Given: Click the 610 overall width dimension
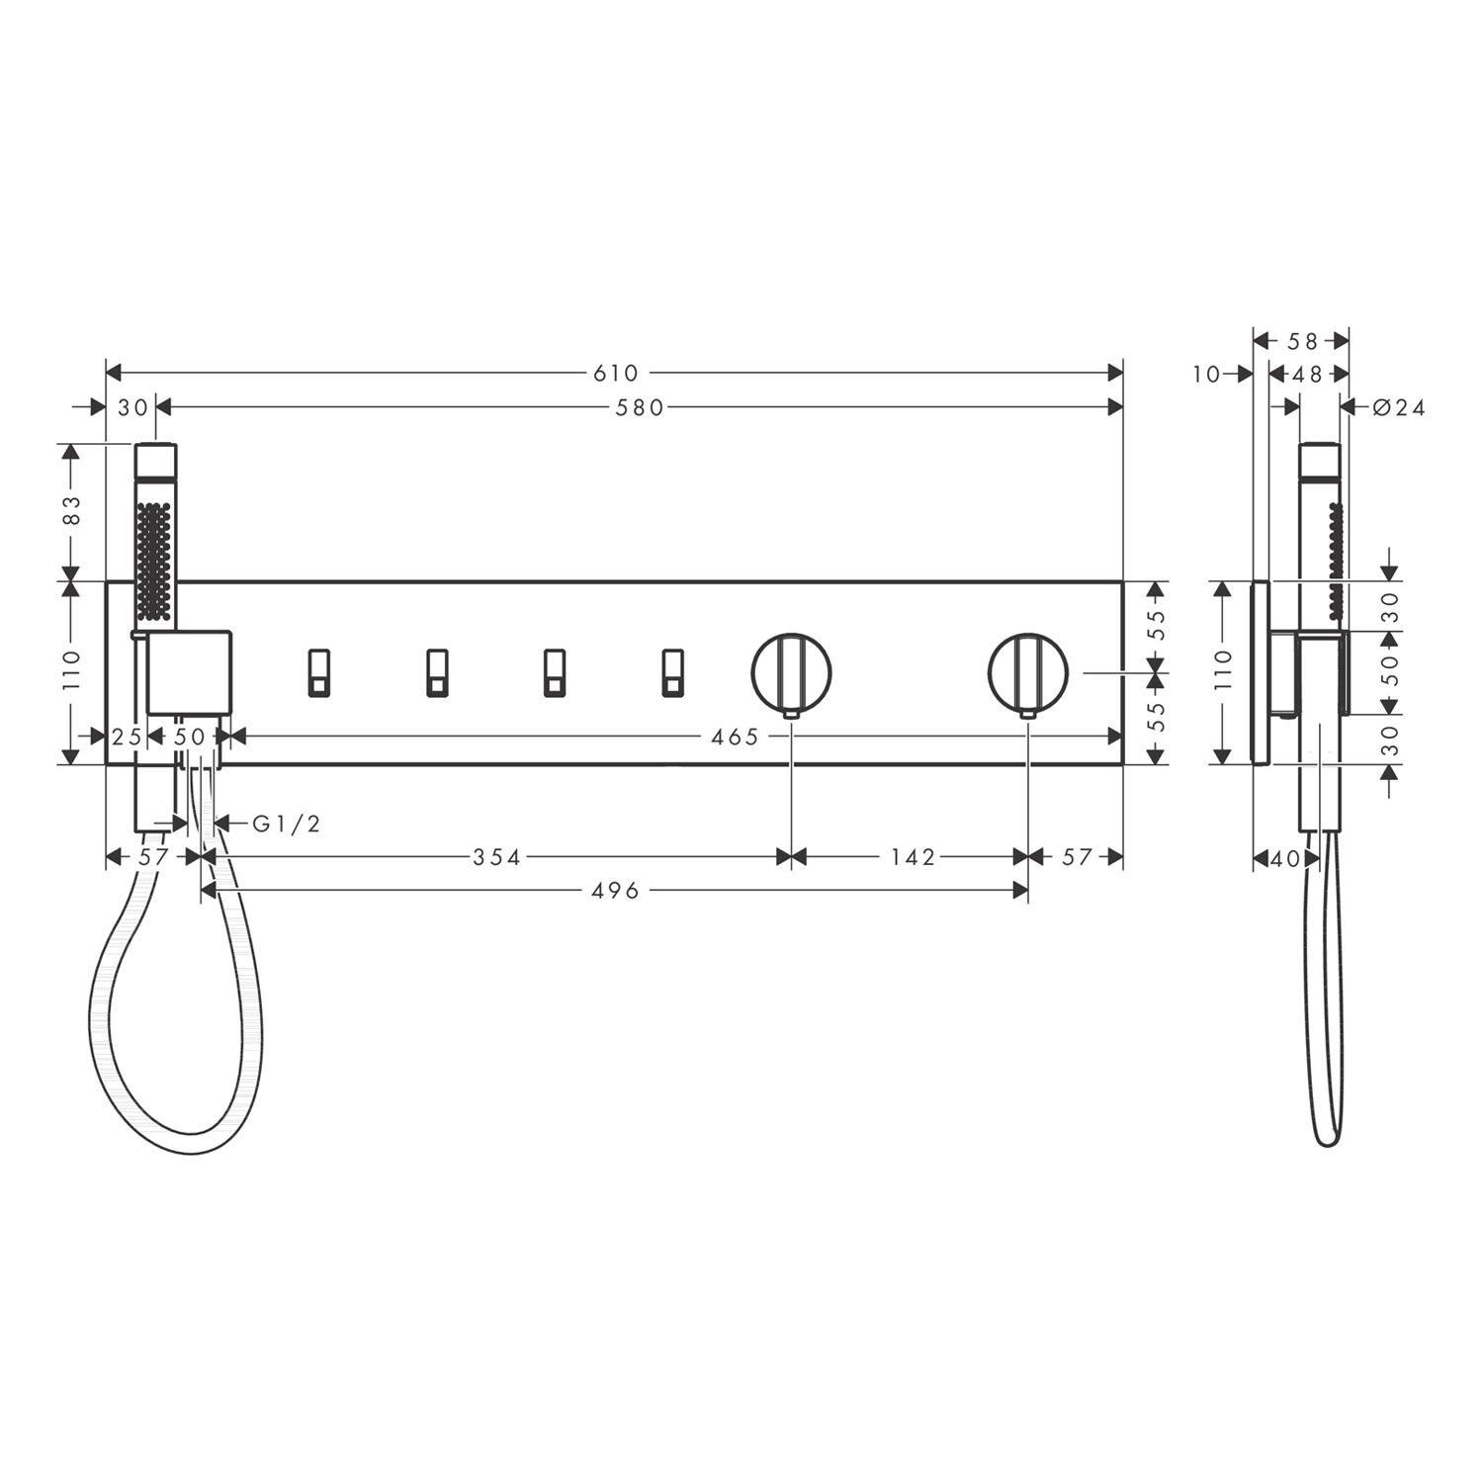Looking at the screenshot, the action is tap(616, 374).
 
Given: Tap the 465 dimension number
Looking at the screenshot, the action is tap(736, 737).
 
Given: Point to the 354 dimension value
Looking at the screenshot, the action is tap(496, 857).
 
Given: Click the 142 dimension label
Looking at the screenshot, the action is tap(912, 857).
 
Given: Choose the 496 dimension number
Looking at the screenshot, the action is tap(616, 892).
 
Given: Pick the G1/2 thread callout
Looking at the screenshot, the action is tap(287, 824).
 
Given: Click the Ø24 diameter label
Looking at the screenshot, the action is tap(1399, 407).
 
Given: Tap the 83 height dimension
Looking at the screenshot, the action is tap(72, 510).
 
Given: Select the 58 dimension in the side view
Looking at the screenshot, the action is tap(1303, 341).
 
